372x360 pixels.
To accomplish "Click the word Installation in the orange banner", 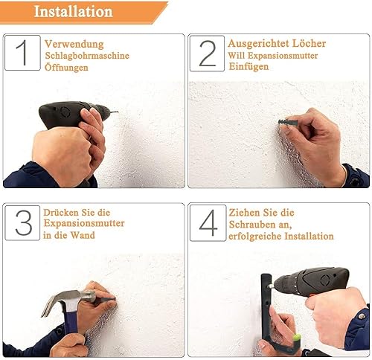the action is click(x=73, y=11).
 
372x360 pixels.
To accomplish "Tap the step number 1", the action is click(x=22, y=53).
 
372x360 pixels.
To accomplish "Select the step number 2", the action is click(x=208, y=54).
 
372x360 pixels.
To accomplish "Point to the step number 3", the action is click(x=24, y=222).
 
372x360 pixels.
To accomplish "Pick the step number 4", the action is click(x=208, y=222).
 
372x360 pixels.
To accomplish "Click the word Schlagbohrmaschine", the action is click(x=87, y=56).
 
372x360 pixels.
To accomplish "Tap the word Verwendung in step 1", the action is click(x=74, y=44).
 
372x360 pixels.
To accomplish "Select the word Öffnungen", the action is click(x=66, y=67).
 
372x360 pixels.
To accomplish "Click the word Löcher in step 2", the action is click(x=309, y=43).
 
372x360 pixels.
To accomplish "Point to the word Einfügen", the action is click(x=248, y=66).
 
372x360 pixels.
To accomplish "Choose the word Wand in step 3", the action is click(x=83, y=235).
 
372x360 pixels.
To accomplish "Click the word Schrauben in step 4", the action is click(x=259, y=225).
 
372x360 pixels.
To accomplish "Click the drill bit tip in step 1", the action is click(x=118, y=112).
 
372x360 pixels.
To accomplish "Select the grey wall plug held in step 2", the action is click(x=288, y=122).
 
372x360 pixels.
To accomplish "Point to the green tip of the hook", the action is click(x=297, y=336).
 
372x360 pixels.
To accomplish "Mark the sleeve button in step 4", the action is click(x=362, y=315).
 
